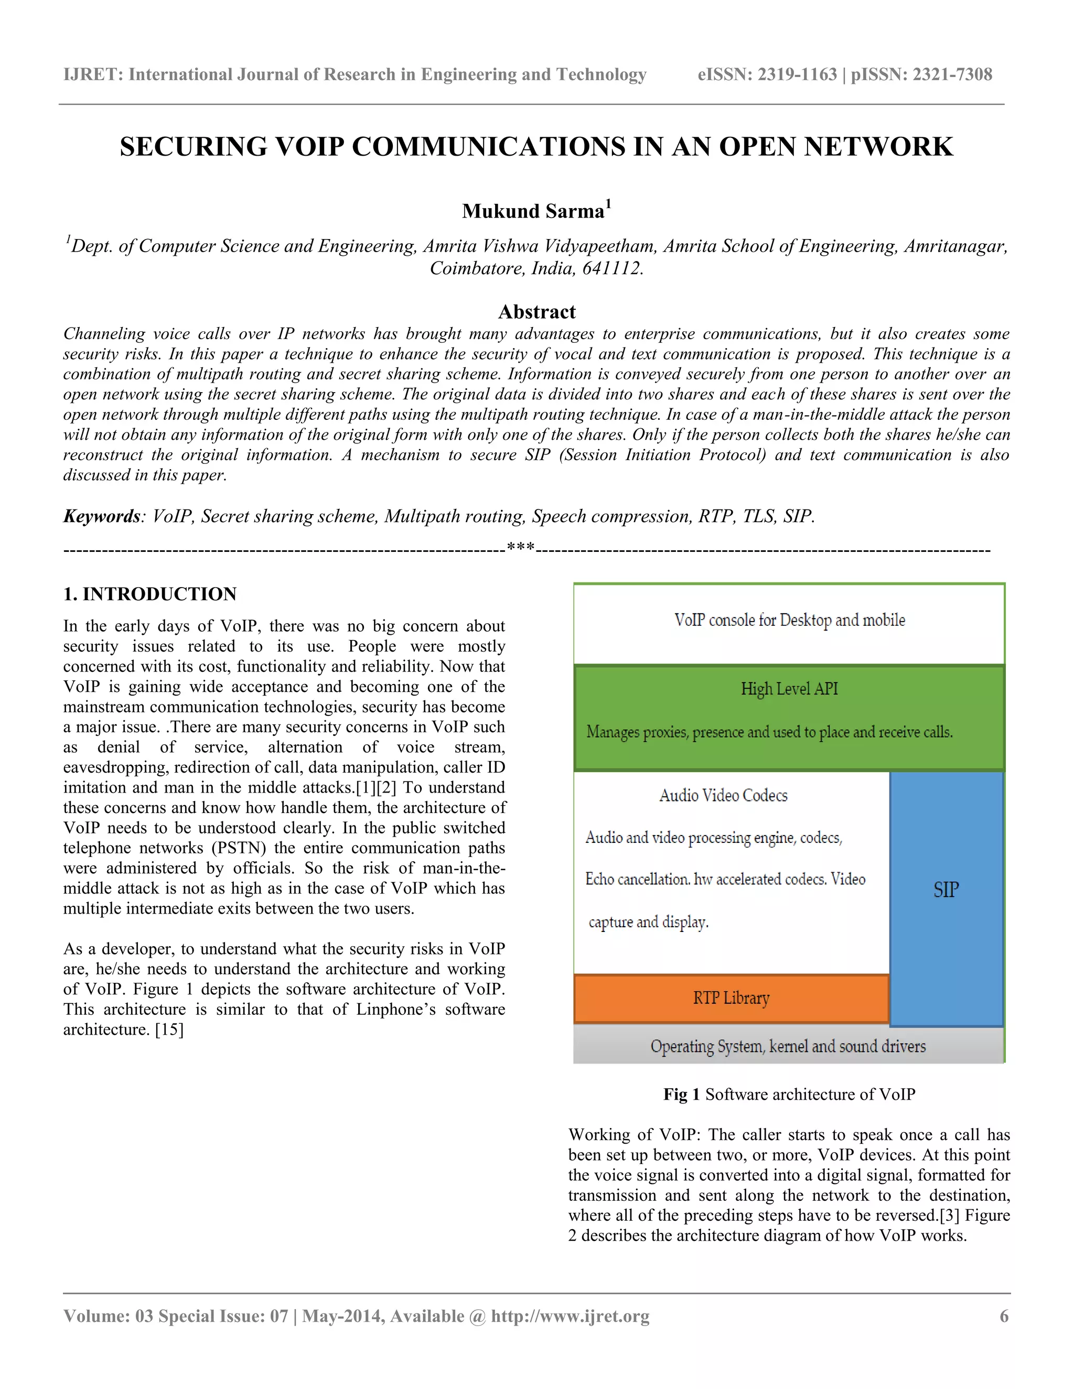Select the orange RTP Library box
point(731,998)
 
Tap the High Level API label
point(789,689)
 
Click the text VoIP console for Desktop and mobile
point(789,620)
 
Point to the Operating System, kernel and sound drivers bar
point(788,1046)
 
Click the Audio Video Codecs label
point(723,796)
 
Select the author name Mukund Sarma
point(533,211)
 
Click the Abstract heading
point(536,312)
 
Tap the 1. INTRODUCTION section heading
point(149,594)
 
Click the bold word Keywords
point(101,516)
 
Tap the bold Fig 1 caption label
point(681,1094)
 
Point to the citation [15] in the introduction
point(169,1029)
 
